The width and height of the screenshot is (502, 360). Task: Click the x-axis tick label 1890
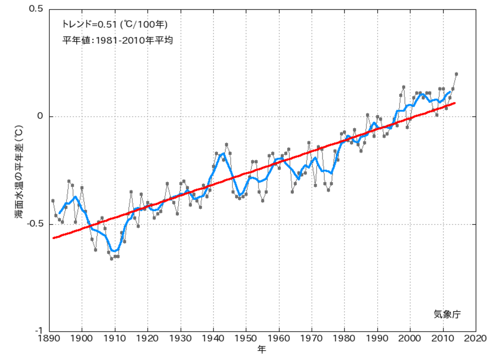(x=49, y=339)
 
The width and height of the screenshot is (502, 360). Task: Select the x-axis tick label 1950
(x=246, y=339)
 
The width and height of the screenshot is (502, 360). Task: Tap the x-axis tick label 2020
(x=475, y=339)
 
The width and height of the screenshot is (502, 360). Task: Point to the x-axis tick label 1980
(x=345, y=339)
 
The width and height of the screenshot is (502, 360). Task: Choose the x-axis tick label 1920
(x=148, y=339)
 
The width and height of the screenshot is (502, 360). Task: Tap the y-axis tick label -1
(x=39, y=331)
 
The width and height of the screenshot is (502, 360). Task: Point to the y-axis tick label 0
(x=40, y=117)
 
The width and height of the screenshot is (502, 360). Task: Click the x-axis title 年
(x=262, y=350)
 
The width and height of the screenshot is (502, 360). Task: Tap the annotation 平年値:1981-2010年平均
(x=118, y=41)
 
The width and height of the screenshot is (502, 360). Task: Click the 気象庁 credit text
(x=447, y=314)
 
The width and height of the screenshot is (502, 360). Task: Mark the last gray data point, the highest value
(x=456, y=74)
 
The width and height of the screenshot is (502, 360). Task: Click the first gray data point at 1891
(x=53, y=200)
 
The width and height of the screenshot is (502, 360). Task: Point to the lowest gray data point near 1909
(x=112, y=259)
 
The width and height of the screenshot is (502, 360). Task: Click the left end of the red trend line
(x=54, y=238)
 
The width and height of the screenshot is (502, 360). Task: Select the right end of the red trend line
(x=455, y=103)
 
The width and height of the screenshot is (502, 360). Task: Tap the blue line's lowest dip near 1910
(x=114, y=251)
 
